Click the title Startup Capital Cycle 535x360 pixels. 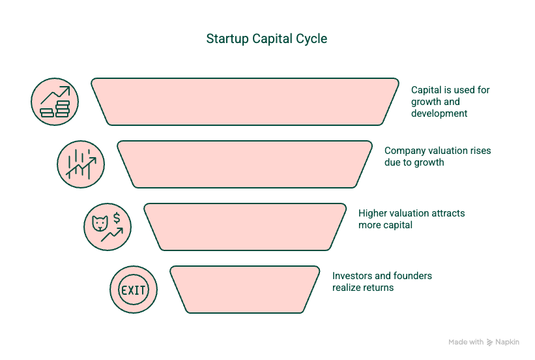coord(267,39)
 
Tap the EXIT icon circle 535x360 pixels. coord(134,290)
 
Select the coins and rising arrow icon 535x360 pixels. coord(55,102)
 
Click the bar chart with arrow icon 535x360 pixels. coord(81,164)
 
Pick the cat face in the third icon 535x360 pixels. coord(100,224)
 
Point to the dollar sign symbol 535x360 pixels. coord(117,218)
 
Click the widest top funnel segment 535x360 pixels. coord(244,102)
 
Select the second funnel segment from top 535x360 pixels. coord(244,164)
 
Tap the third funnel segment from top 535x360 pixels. coord(245,227)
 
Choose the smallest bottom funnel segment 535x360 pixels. coord(245,290)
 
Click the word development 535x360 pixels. coord(439,113)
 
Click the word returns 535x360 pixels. coord(378,288)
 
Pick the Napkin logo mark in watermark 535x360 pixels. coord(489,342)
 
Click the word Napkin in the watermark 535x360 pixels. coord(508,342)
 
